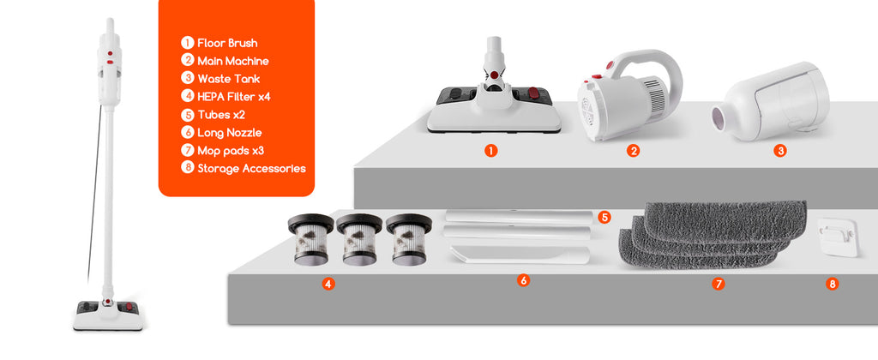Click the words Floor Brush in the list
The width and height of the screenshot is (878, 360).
227,43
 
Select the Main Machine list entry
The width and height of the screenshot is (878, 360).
233,61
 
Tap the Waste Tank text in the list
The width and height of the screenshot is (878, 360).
228,79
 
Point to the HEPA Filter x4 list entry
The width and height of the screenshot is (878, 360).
234,97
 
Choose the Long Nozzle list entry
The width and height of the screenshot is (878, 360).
230,133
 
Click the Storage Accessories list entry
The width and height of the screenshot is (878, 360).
251,169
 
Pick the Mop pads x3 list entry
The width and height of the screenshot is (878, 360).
231,151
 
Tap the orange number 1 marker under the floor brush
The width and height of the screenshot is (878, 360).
491,151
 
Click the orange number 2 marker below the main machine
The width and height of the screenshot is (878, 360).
634,151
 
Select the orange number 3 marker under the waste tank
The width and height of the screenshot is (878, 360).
780,151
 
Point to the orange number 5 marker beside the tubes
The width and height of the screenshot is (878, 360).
604,217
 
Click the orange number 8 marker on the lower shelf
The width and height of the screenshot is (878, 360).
832,284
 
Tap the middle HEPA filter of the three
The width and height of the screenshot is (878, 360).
359,239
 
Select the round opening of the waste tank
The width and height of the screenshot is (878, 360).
719,118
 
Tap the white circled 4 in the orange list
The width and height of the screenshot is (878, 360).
187,96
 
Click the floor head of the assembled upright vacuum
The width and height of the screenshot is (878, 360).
108,315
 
